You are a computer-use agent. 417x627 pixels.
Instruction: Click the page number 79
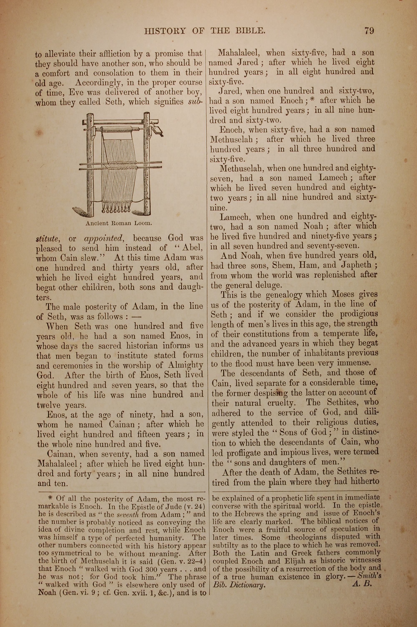[x=369, y=31]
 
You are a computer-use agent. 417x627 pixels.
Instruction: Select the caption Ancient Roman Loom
[x=119, y=223]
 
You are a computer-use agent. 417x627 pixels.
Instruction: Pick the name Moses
[x=343, y=295]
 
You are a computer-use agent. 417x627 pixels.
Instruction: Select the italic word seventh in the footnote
[x=124, y=514]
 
